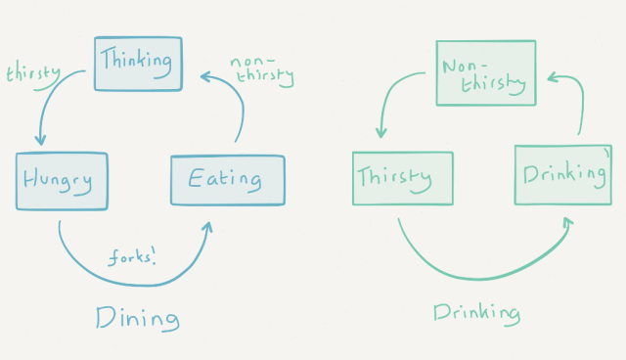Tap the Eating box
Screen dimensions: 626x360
[x=227, y=179]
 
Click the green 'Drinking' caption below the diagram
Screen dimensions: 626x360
[x=476, y=313]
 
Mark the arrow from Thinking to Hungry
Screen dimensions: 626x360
[x=54, y=98]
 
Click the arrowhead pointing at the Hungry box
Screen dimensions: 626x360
[x=40, y=142]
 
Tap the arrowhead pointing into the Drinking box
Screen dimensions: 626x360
[x=567, y=224]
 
